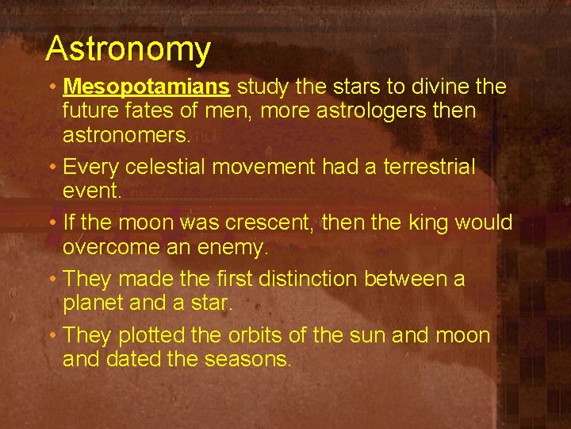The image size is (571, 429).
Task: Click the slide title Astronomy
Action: pyautogui.click(x=128, y=49)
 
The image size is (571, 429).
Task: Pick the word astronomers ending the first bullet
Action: pyautogui.click(x=126, y=135)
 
